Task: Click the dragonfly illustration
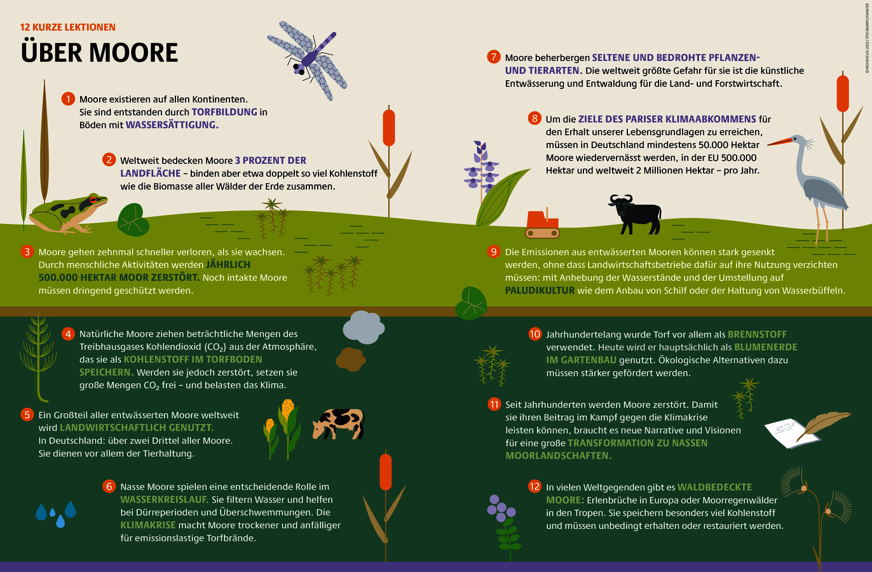[308, 60]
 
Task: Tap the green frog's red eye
[93, 200]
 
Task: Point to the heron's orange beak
[780, 142]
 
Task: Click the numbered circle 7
[494, 57]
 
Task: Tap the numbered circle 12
[535, 486]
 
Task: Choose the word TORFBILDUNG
[224, 112]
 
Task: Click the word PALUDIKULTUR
[540, 290]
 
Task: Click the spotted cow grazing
[338, 424]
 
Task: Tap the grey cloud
[364, 327]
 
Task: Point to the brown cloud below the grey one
[350, 359]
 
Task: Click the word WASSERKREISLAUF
[164, 500]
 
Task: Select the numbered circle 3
[27, 252]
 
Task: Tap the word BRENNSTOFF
[757, 334]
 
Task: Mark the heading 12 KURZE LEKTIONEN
[68, 27]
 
